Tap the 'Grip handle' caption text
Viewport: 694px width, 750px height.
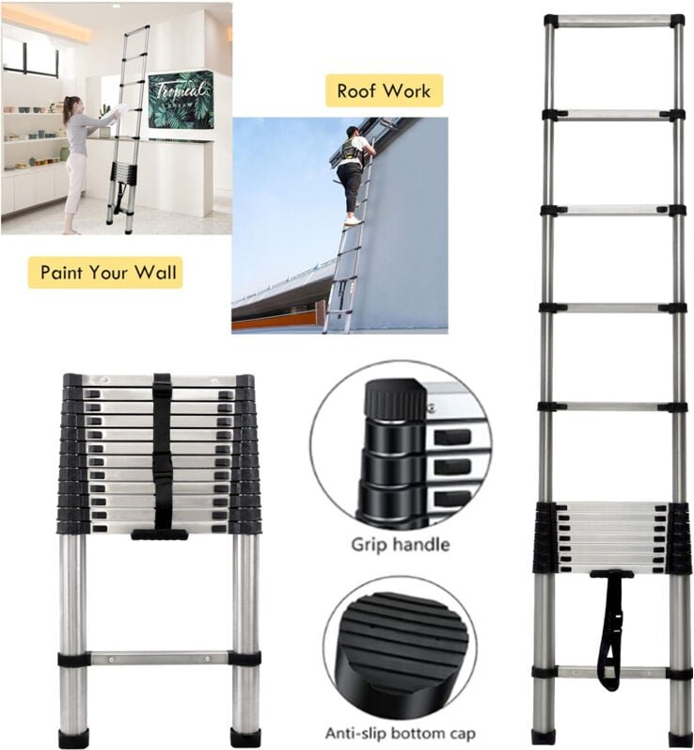(x=400, y=544)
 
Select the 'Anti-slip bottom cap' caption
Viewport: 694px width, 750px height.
(x=401, y=733)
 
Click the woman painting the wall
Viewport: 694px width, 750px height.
(x=76, y=160)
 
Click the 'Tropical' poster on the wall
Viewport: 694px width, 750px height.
(x=181, y=99)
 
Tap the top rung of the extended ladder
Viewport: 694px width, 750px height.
(x=613, y=20)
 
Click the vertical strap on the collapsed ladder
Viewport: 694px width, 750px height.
(x=162, y=452)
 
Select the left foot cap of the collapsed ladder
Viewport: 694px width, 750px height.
(x=72, y=738)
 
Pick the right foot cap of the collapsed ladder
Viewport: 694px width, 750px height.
(x=245, y=738)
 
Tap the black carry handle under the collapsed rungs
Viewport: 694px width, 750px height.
(x=159, y=535)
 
